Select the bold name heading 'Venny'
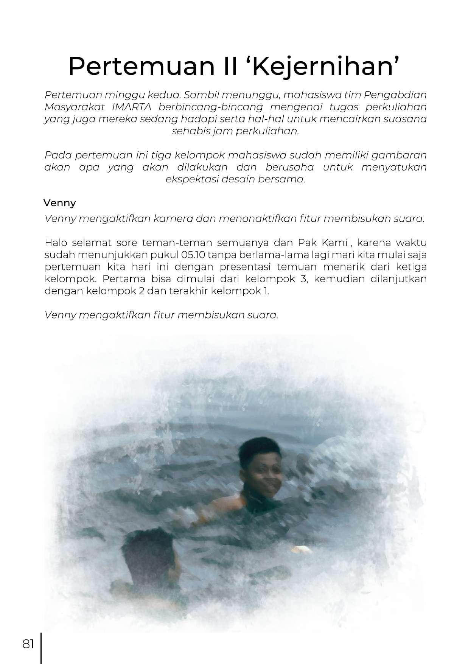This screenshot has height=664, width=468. click(59, 203)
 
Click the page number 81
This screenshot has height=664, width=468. click(29, 644)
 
